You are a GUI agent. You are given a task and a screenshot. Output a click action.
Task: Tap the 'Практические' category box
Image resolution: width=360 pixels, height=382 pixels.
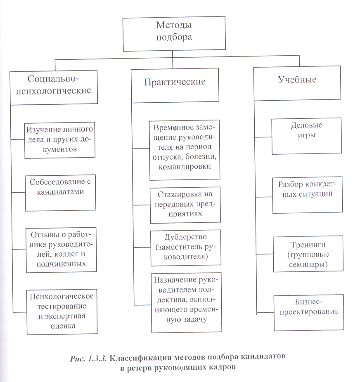[x=175, y=82]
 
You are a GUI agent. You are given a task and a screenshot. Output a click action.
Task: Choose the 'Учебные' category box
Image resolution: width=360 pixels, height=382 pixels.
[x=297, y=80]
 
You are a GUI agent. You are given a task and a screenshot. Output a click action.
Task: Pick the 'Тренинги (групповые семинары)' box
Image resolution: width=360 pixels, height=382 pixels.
[x=308, y=253]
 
